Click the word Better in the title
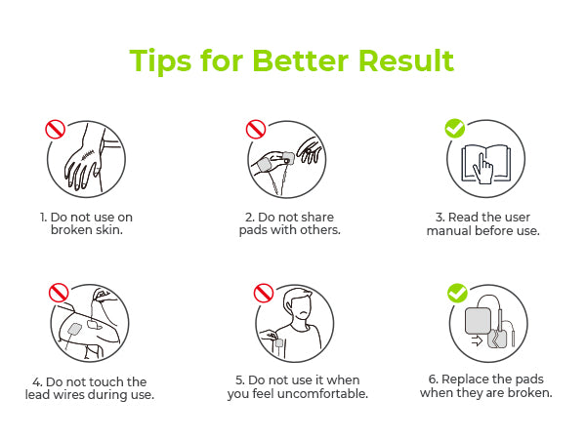[301, 60]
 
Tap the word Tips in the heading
[161, 61]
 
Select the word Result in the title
[406, 60]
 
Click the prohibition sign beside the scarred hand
[56, 130]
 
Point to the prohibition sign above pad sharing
[256, 129]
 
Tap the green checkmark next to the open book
[455, 129]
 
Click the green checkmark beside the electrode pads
[457, 293]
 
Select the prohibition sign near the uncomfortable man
[264, 293]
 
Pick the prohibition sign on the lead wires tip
[59, 293]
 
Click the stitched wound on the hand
[88, 153]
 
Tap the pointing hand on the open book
[483, 169]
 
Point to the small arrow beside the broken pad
[477, 340]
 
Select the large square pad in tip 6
[478, 321]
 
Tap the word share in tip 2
[314, 218]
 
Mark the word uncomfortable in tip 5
[323, 393]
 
